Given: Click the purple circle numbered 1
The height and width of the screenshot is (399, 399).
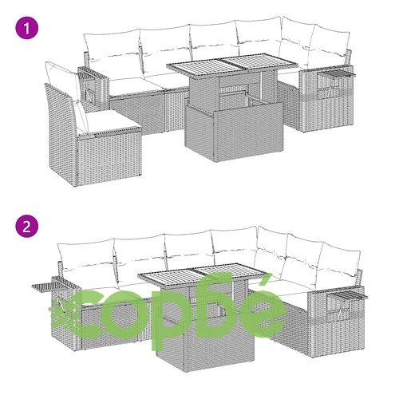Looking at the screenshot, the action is pos(26,28).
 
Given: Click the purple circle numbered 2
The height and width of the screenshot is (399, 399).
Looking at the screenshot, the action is pos(26,227).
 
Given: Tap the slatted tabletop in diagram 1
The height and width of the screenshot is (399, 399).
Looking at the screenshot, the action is pos(231,65).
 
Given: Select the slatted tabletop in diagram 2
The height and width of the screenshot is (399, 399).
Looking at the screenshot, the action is pos(202,275).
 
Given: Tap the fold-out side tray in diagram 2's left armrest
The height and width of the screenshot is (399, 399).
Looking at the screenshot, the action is pos(55,284).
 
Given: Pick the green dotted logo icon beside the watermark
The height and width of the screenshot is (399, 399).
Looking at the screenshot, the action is pos(63,314).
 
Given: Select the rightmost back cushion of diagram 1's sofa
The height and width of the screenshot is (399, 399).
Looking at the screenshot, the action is pos(329,49).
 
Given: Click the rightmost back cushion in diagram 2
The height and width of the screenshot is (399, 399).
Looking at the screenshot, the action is pos(340,266).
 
